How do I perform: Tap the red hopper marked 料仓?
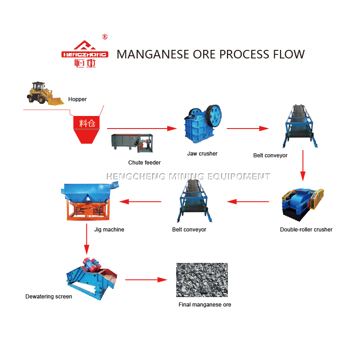coord(86,130)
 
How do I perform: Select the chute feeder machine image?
coord(132,143)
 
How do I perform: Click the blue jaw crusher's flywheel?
coord(214,116)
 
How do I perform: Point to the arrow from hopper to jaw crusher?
coord(142,129)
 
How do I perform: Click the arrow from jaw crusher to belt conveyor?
coord(248,129)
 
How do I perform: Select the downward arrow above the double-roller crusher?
coord(303,165)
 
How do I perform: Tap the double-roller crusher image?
coord(302,205)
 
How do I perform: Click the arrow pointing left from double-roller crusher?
coord(248,202)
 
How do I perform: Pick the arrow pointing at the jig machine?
coord(140,202)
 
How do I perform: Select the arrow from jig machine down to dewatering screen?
coord(87,239)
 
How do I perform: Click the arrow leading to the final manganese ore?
coord(146,280)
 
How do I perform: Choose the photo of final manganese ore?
coord(202,280)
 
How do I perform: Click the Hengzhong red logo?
coord(85,54)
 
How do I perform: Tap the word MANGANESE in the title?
coord(153,54)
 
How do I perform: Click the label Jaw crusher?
coord(202,154)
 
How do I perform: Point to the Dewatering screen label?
coord(49,297)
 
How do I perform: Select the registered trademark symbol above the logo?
coord(105,37)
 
